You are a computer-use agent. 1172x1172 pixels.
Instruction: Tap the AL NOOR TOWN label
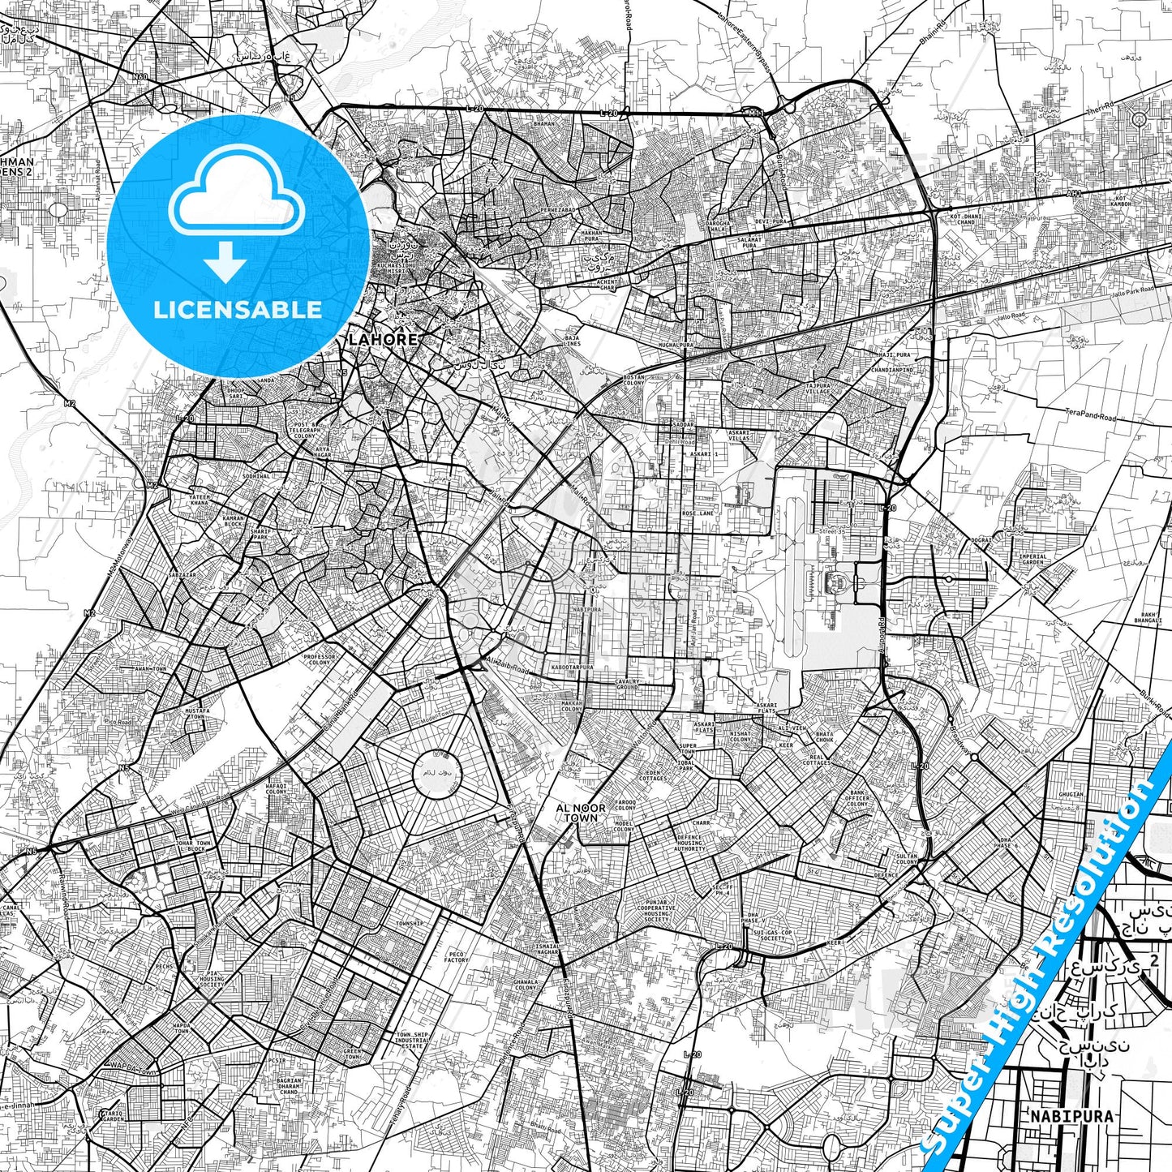[x=581, y=813]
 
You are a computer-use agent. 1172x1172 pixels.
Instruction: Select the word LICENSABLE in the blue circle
[x=237, y=310]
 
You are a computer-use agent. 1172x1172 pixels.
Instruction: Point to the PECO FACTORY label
[x=457, y=957]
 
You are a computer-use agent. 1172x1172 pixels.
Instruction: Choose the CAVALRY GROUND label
[x=628, y=685]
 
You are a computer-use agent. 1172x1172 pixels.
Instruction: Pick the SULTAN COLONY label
[x=907, y=859]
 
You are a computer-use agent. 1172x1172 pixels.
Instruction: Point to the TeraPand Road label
[x=1090, y=416]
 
